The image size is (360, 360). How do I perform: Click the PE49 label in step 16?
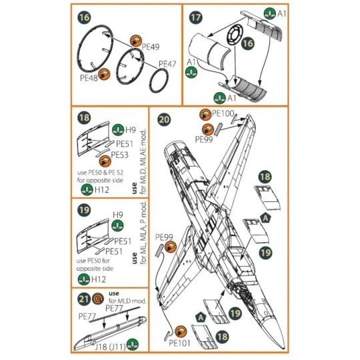tap(151, 47)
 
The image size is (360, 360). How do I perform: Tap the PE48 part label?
tap(89, 77)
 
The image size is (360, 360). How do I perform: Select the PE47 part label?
tap(167, 64)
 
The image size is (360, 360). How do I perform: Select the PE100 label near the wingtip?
tap(223, 114)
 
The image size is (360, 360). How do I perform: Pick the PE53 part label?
tap(119, 154)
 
